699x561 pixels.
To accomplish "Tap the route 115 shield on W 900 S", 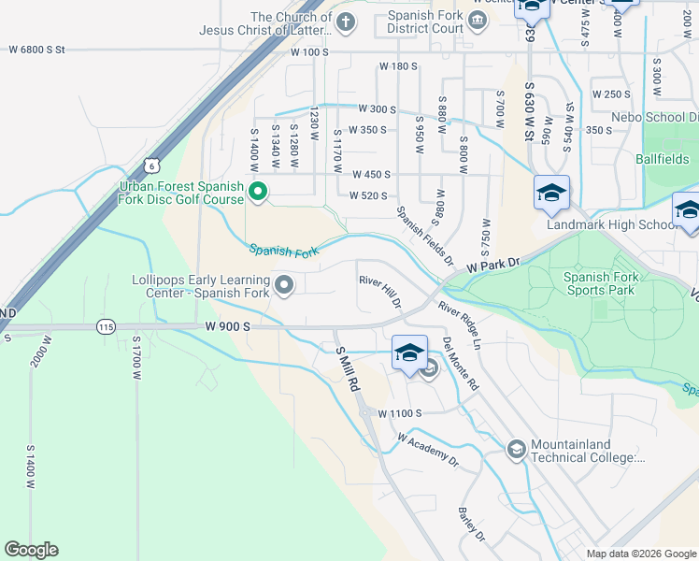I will pyautogui.click(x=104, y=326).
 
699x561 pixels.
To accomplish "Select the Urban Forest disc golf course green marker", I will pyautogui.click(x=259, y=194).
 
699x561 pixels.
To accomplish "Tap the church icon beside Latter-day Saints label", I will pyautogui.click(x=346, y=22).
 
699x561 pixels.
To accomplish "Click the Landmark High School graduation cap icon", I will pyautogui.click(x=551, y=194).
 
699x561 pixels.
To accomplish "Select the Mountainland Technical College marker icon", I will pyautogui.click(x=515, y=451).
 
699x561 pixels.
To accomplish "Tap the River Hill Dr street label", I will pyautogui.click(x=380, y=292).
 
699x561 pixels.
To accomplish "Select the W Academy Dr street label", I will pyautogui.click(x=428, y=450).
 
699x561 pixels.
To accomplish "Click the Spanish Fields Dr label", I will pyautogui.click(x=424, y=236).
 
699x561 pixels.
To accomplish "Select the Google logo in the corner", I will pyautogui.click(x=31, y=550).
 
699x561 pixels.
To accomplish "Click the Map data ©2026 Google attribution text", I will pyautogui.click(x=640, y=554).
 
